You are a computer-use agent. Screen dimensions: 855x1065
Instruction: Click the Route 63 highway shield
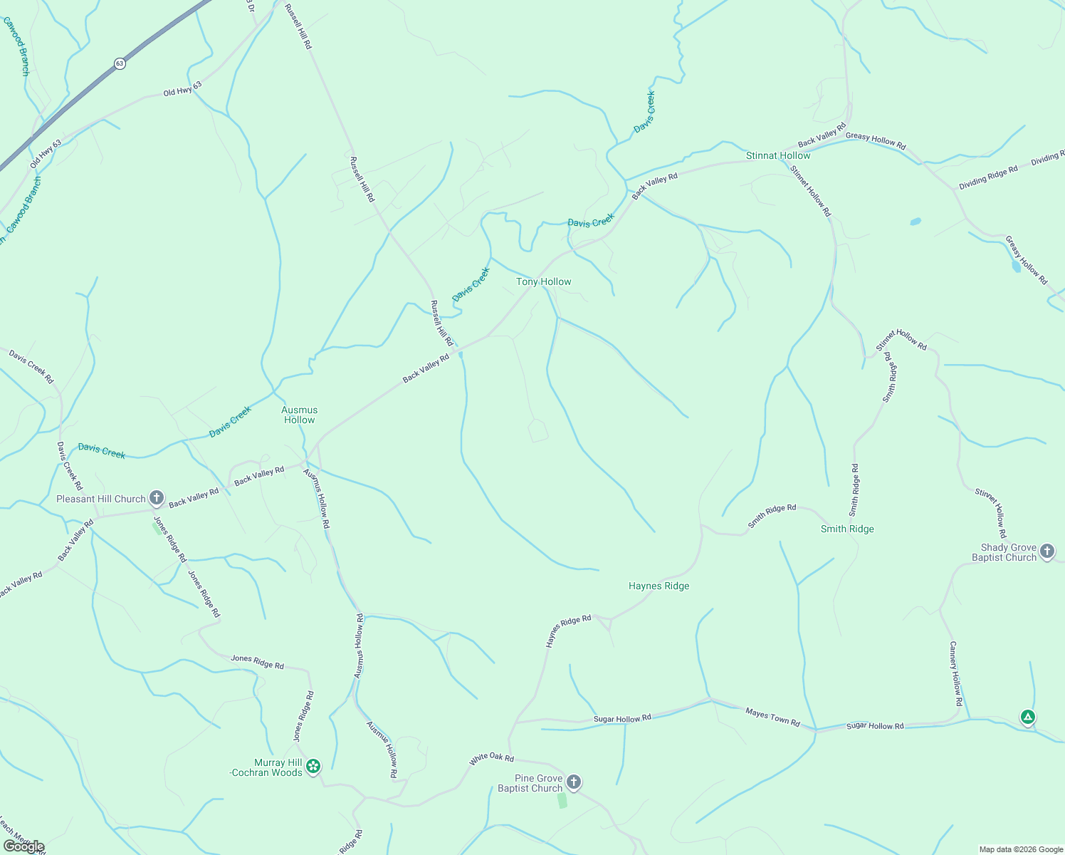point(119,63)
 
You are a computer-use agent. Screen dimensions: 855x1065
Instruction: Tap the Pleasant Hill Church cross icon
point(157,498)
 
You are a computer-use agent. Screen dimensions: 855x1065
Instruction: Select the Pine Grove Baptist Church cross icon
point(574,782)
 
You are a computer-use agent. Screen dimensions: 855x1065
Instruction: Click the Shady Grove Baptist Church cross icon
point(1046,551)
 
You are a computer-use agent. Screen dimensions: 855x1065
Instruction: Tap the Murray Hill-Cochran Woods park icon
point(313,767)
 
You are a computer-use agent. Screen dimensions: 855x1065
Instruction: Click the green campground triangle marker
point(1027,717)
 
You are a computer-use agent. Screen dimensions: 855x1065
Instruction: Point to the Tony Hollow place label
point(543,281)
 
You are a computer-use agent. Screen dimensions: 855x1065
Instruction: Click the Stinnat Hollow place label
point(777,155)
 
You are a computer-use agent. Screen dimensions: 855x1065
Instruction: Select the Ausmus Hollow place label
point(299,415)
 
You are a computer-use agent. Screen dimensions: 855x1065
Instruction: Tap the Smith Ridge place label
point(846,529)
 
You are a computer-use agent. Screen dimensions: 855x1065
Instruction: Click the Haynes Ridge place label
point(659,586)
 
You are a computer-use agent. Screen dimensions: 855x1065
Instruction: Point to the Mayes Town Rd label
point(772,717)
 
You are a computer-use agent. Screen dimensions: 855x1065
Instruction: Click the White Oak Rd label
point(491,760)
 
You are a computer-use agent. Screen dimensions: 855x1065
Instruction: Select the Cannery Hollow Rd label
point(955,673)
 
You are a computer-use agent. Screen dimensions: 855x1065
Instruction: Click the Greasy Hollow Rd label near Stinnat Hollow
point(876,140)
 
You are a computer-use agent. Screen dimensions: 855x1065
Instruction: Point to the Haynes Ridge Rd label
point(568,631)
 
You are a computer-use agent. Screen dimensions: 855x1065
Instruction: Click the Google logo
point(23,846)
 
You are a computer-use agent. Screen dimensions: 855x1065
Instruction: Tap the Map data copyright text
point(1020,849)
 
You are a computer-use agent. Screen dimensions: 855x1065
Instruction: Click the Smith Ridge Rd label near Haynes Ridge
point(772,517)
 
